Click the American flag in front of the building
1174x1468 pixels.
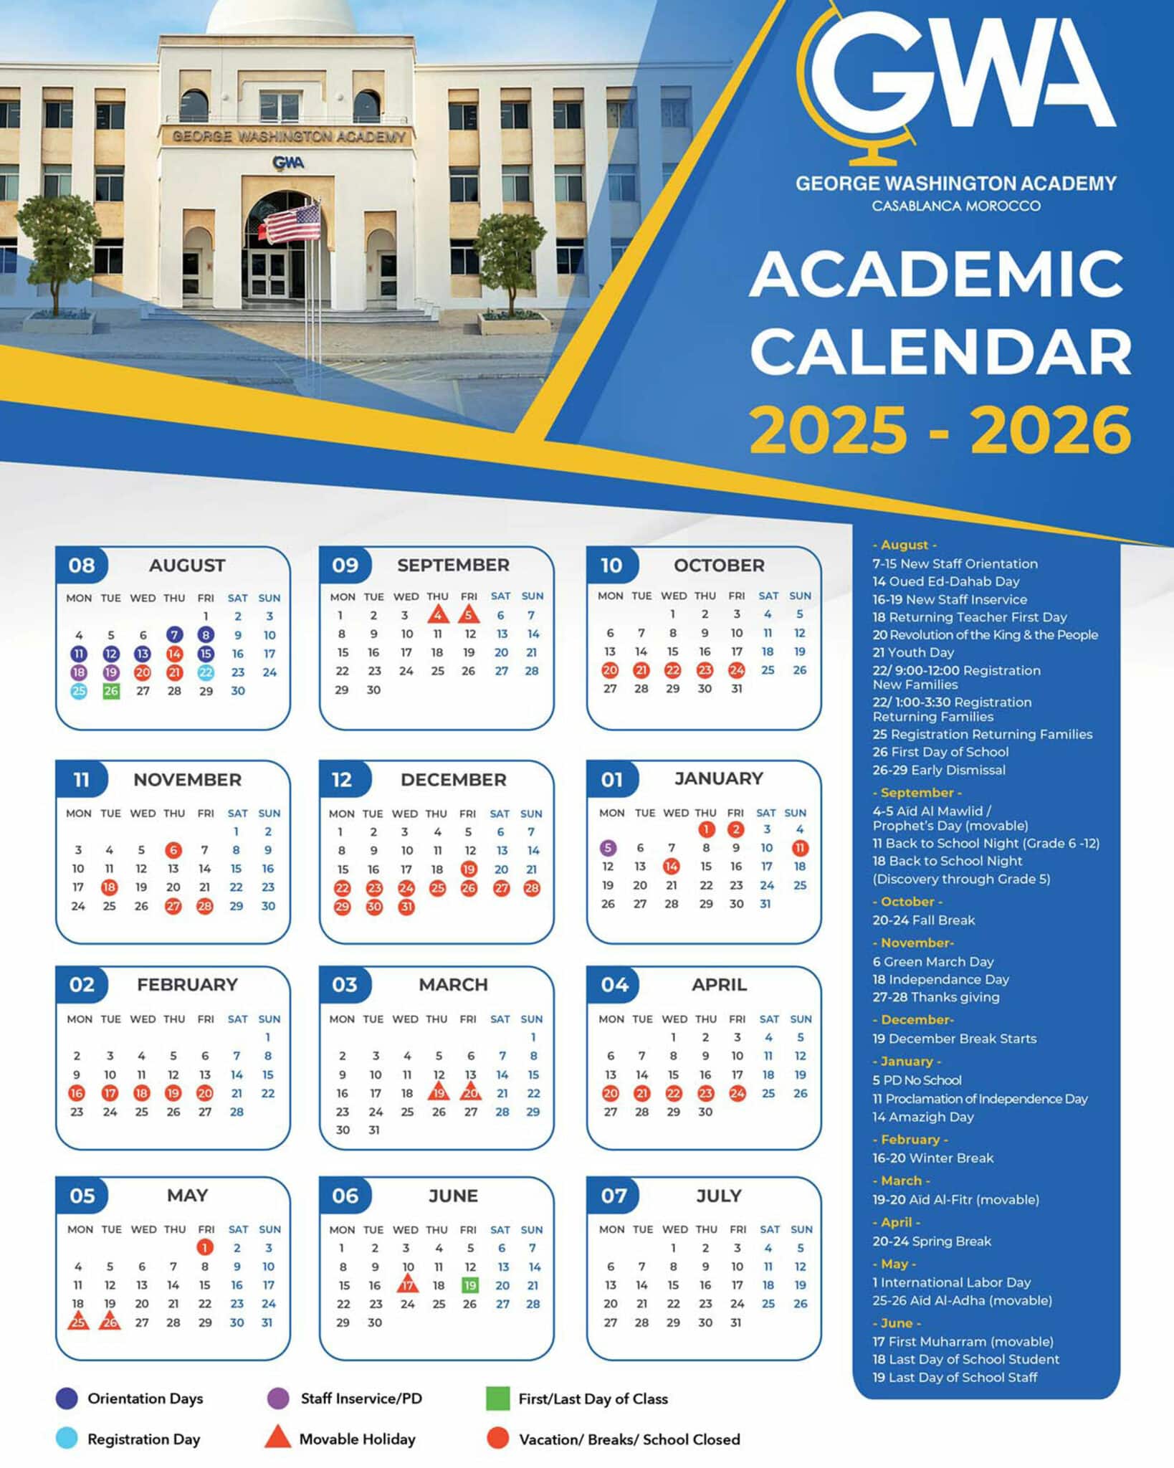[x=294, y=223]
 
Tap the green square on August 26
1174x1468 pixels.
[x=110, y=691]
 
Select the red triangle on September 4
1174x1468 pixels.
[x=437, y=614]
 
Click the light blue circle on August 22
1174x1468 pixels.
[x=206, y=672]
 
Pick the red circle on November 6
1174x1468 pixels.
[x=173, y=850]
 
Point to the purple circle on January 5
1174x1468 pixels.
[x=608, y=848]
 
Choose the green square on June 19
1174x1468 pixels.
[x=469, y=1285]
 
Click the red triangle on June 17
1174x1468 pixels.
[x=407, y=1284]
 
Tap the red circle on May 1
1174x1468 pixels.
[x=205, y=1248]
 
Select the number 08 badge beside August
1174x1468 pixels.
[x=82, y=566]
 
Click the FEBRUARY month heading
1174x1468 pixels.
[x=187, y=984]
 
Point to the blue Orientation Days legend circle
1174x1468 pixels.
[x=67, y=1398]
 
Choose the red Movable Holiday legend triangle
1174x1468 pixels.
[x=277, y=1438]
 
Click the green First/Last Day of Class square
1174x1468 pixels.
[x=497, y=1398]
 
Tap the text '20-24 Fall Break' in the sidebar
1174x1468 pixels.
[x=923, y=920]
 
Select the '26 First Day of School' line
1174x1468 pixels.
[x=940, y=752]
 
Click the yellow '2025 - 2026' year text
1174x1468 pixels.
[x=940, y=430]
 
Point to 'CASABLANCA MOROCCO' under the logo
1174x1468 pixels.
[x=955, y=206]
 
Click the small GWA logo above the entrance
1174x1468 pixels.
[x=288, y=163]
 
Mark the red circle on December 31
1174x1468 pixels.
[x=406, y=907]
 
